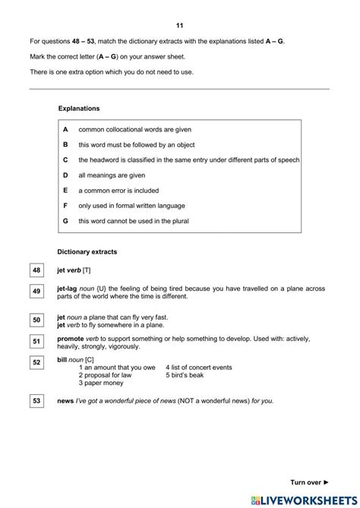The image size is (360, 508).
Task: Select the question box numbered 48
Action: point(37,270)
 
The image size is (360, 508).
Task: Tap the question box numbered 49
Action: point(37,291)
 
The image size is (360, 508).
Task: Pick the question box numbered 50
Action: point(37,320)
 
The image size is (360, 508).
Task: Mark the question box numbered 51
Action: point(37,342)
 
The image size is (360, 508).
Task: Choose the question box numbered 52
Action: point(37,363)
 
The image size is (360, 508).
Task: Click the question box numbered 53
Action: point(37,399)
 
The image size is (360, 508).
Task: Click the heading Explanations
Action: point(78,109)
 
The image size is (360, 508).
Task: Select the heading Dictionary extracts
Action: point(88,251)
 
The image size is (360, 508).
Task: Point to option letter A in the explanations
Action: point(65,130)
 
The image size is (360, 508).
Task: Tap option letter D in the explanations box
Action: point(65,175)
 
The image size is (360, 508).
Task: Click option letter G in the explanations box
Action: point(65,220)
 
